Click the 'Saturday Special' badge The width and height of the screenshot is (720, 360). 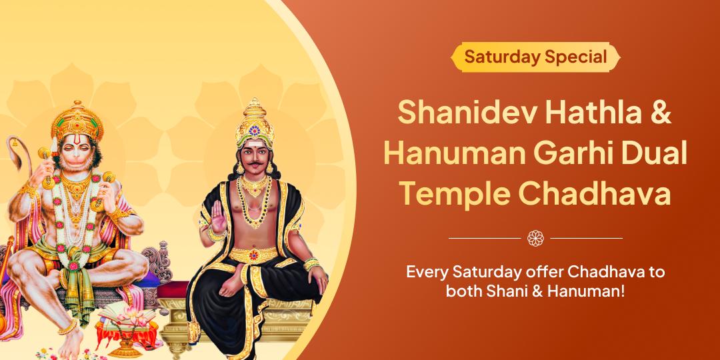(x=535, y=57)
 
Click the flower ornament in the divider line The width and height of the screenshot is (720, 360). (x=535, y=237)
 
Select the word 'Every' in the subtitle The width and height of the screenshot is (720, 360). (x=428, y=273)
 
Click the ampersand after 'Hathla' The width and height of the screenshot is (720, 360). (x=658, y=112)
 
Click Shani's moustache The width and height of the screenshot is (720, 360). (x=253, y=165)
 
